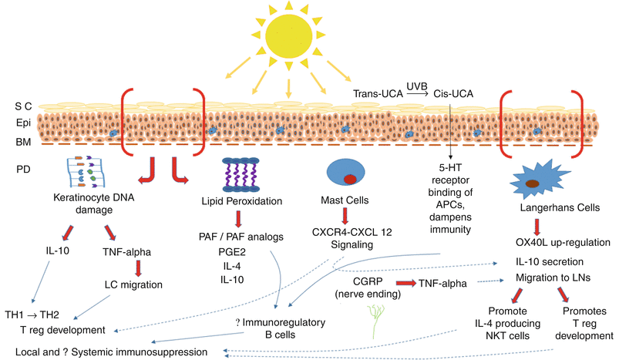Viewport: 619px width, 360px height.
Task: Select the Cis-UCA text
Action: point(456,93)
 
